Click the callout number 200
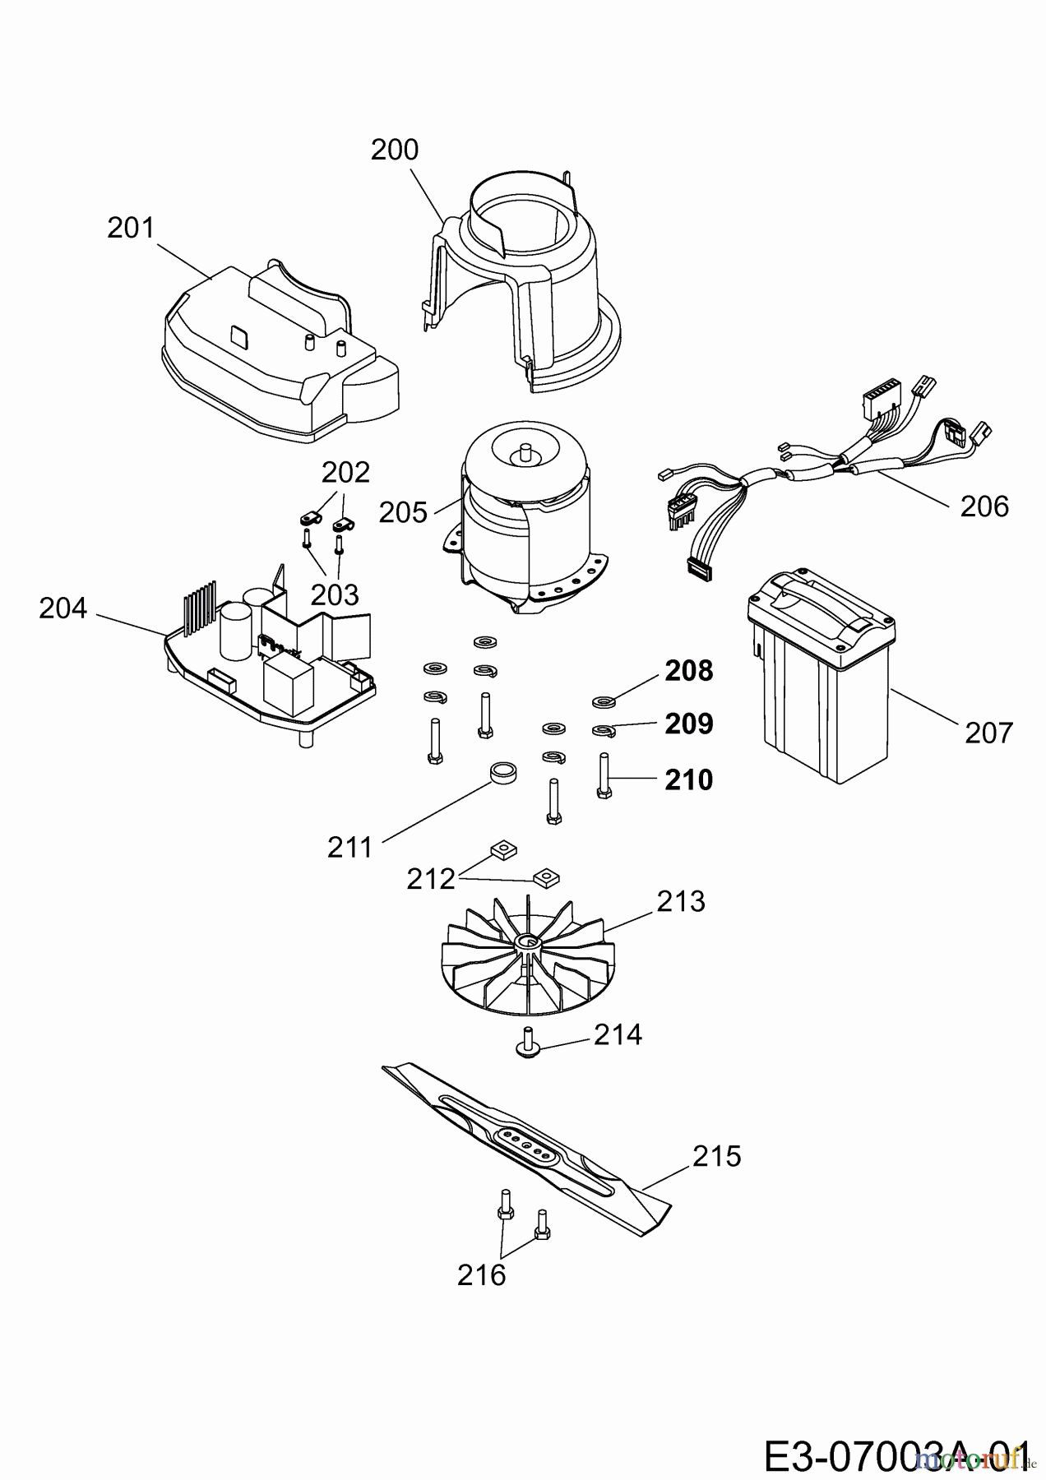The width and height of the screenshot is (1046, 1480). click(395, 150)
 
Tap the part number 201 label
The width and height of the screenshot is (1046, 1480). click(131, 227)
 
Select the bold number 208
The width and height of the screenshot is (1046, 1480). click(689, 671)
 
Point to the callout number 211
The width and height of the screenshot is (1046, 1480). click(350, 847)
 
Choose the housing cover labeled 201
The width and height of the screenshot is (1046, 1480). click(280, 354)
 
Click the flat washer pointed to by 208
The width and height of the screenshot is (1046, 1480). click(604, 702)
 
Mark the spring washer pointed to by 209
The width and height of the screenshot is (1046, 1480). click(604, 729)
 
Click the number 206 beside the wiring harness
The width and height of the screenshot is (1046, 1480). click(984, 506)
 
